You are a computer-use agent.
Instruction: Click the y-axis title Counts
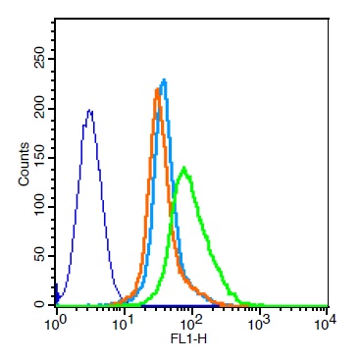pyautogui.click(x=25, y=165)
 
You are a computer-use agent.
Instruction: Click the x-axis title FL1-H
pyautogui.click(x=188, y=339)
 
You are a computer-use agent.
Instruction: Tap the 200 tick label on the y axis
pyautogui.click(x=39, y=109)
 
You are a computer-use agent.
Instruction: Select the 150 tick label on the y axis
pyautogui.click(x=39, y=158)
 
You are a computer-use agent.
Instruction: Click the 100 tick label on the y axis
pyautogui.click(x=39, y=207)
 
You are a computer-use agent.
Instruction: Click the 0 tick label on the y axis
pyautogui.click(x=39, y=304)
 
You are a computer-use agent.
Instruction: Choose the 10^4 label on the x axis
pyautogui.click(x=327, y=325)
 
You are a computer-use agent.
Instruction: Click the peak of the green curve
pyautogui.click(x=184, y=168)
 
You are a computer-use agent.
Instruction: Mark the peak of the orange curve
pyautogui.click(x=157, y=89)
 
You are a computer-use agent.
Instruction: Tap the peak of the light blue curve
pyautogui.click(x=165, y=79)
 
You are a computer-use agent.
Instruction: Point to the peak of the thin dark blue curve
pyautogui.click(x=89, y=111)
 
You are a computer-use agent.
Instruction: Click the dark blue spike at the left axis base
pyautogui.click(x=57, y=293)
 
